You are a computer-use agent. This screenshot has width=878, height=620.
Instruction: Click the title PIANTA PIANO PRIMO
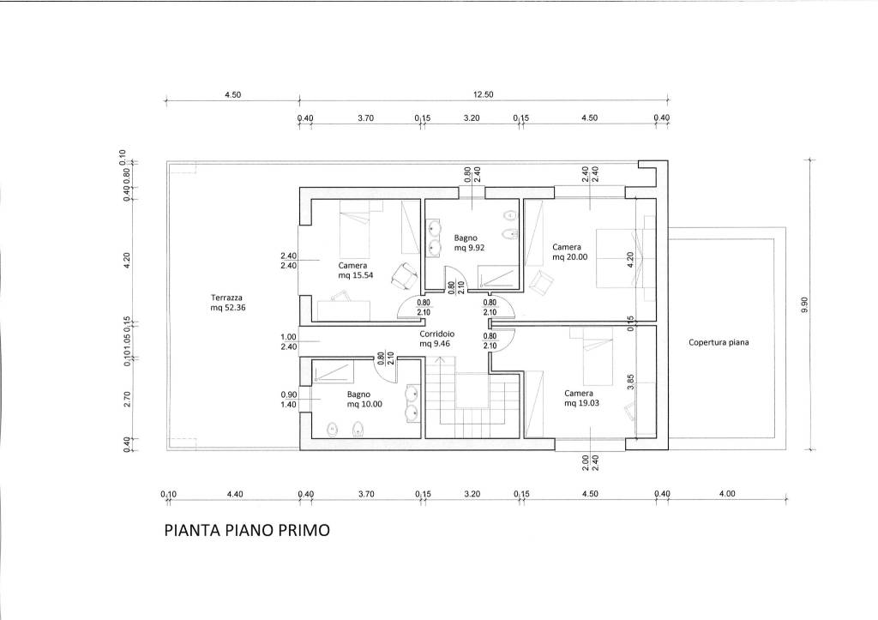tap(247, 530)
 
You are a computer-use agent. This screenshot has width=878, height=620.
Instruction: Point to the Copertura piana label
tap(719, 342)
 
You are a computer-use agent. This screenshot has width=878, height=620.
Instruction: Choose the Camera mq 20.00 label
tap(570, 252)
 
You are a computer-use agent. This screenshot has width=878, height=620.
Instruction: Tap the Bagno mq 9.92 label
tap(469, 243)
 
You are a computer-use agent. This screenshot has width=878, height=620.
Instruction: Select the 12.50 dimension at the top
tap(484, 94)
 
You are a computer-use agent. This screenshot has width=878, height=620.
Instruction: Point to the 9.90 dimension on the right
tap(804, 304)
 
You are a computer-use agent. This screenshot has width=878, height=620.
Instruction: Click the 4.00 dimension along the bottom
tap(727, 493)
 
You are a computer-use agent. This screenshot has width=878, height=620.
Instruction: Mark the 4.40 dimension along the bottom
tap(235, 494)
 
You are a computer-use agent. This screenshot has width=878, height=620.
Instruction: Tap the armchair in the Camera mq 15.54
tap(405, 276)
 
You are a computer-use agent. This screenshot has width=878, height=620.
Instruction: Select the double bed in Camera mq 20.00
tap(625, 257)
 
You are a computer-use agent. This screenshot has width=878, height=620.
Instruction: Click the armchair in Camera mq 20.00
tap(540, 281)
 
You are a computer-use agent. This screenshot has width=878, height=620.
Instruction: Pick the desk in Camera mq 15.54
tap(343, 309)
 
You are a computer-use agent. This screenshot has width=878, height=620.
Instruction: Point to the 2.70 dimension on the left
tap(127, 399)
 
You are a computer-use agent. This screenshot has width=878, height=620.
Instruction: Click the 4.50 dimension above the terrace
tap(233, 94)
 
